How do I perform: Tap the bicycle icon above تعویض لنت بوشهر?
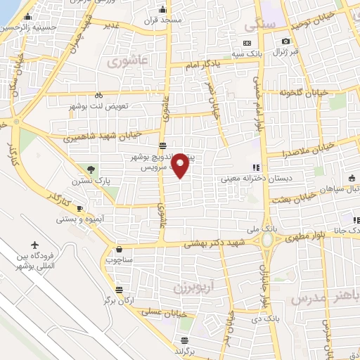coord(98,95)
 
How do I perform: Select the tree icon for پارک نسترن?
coord(91,168)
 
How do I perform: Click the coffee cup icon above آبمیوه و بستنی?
coord(80,208)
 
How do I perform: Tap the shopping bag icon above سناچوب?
coord(120,248)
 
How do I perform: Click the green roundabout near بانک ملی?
coord(268,241)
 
